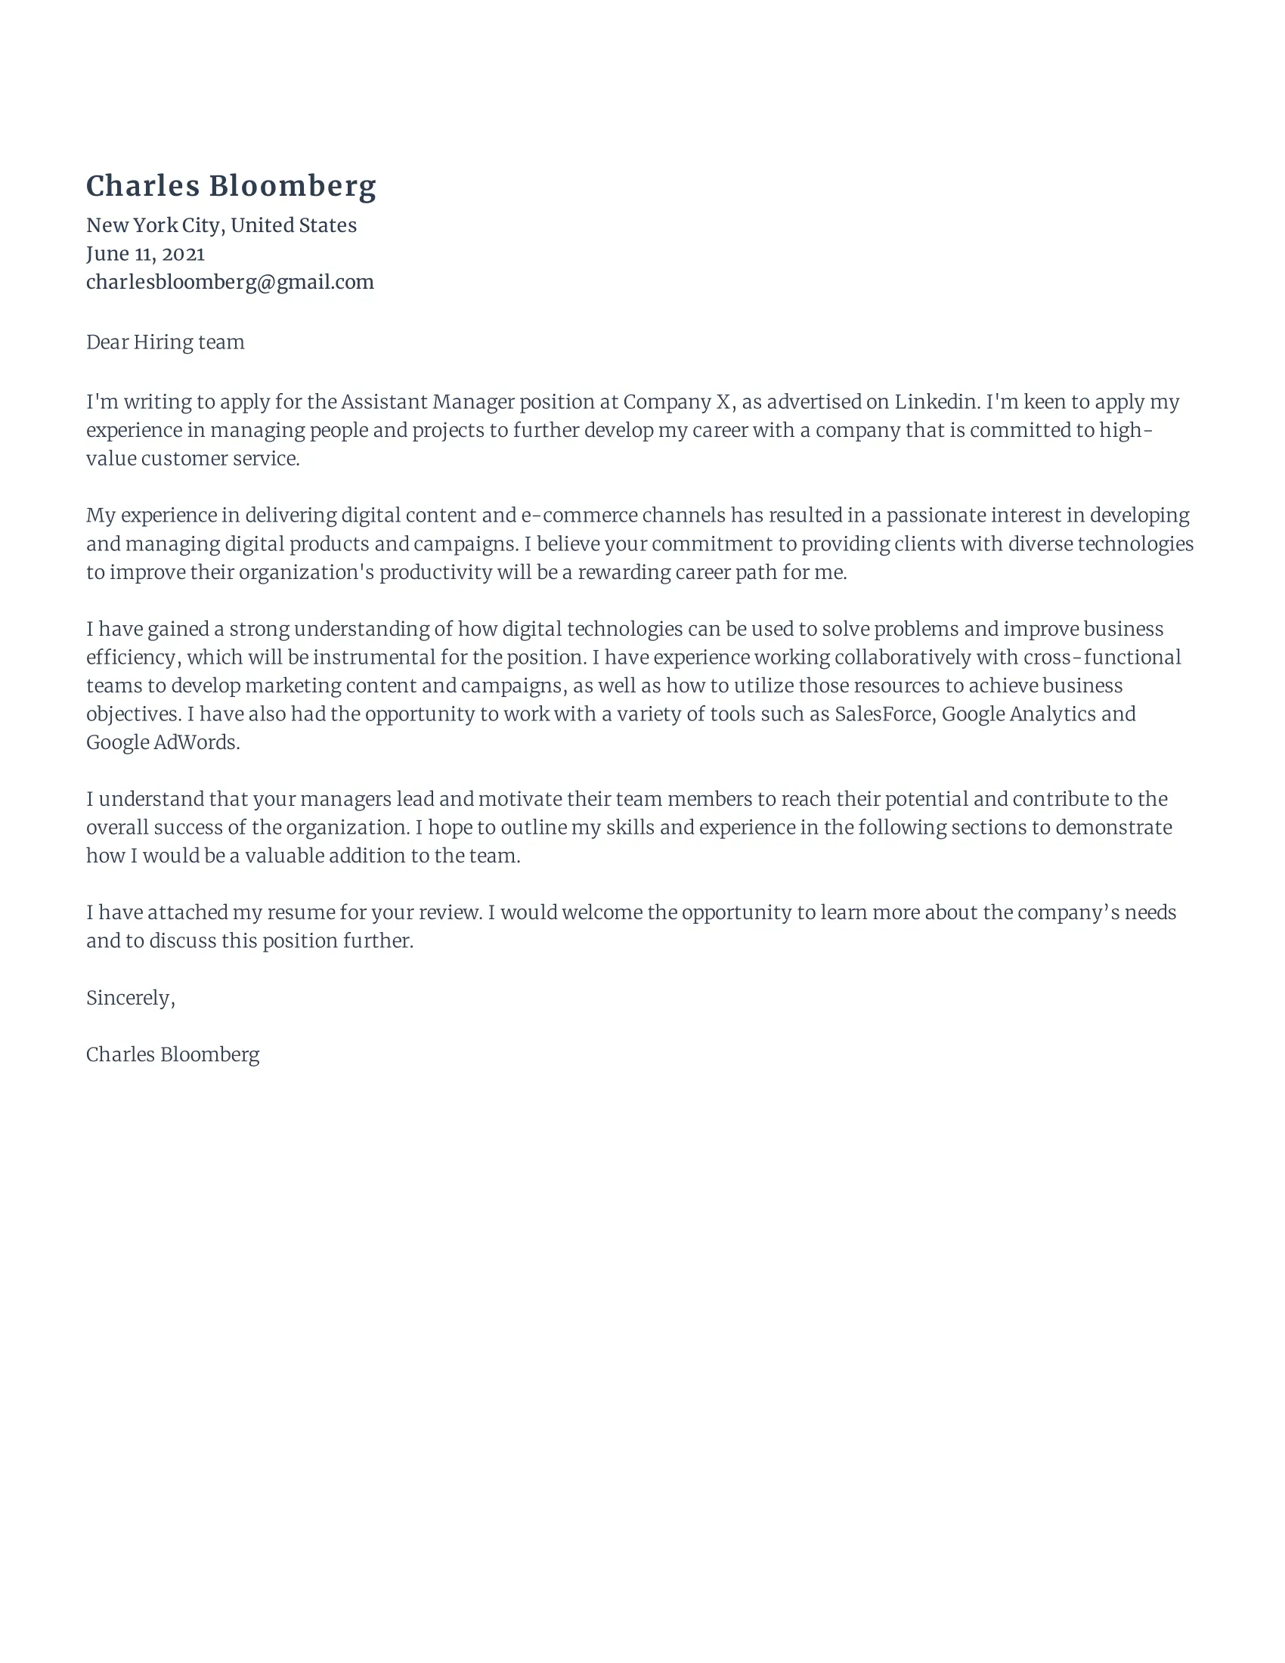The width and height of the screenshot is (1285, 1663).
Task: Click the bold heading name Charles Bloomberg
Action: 231,187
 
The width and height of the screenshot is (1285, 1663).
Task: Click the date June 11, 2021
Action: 144,253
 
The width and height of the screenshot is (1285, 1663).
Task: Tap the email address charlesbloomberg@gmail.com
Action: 230,283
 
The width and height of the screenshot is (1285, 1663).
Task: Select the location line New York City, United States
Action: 221,225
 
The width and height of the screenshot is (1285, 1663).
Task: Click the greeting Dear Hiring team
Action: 166,342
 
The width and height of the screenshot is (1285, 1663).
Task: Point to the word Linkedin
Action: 936,402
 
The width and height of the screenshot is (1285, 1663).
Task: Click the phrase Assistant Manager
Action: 427,402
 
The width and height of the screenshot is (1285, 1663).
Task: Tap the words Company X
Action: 677,402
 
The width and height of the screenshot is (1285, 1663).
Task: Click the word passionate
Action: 935,516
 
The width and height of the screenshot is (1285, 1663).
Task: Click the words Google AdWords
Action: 163,742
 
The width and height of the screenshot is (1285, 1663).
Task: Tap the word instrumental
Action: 373,657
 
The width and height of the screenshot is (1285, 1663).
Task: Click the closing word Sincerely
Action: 129,999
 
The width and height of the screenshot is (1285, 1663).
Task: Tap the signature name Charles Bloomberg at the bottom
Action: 173,1054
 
